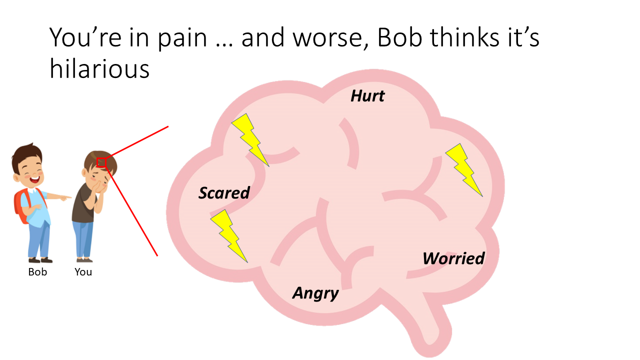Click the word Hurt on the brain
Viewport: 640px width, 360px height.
(x=367, y=95)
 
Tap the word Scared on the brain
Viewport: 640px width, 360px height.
(x=224, y=193)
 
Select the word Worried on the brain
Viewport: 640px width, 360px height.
(x=453, y=258)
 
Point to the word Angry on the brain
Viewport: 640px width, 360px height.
(x=315, y=293)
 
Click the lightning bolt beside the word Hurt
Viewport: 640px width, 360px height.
(x=250, y=140)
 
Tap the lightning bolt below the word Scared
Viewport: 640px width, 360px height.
(x=229, y=236)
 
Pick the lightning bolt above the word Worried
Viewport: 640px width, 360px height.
(x=464, y=170)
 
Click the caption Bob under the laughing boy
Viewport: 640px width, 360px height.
(x=37, y=271)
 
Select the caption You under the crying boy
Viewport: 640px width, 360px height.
(x=83, y=271)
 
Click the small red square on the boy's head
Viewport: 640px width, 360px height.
(x=101, y=162)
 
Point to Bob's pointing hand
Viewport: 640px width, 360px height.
(x=65, y=197)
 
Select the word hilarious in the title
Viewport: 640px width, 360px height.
(x=99, y=69)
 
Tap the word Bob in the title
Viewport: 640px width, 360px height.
(x=399, y=37)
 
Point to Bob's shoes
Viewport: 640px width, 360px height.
(x=40, y=260)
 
